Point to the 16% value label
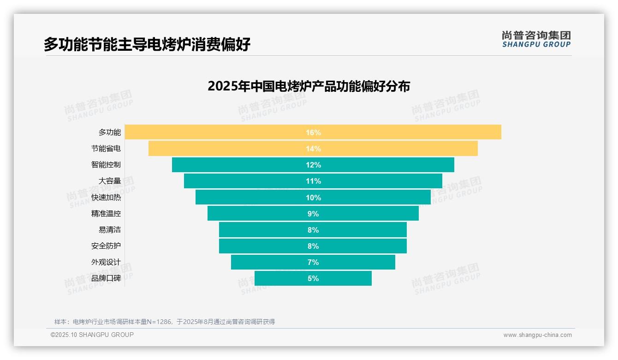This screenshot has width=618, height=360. (313, 132)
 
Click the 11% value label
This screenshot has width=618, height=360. (313, 181)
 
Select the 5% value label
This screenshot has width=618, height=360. (313, 278)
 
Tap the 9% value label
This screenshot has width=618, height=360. (313, 214)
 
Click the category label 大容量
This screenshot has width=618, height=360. (110, 181)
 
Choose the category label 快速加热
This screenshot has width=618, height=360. (106, 198)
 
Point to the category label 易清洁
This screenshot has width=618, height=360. (110, 230)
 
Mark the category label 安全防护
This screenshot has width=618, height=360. (106, 246)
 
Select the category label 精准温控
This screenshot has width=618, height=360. (106, 214)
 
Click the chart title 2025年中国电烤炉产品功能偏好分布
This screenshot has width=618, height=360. (309, 86)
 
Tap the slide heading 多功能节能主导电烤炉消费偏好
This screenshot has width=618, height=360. (147, 45)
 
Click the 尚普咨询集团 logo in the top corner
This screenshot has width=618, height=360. (536, 39)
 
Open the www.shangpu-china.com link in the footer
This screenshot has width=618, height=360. (537, 335)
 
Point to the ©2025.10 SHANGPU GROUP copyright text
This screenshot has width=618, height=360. (92, 335)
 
